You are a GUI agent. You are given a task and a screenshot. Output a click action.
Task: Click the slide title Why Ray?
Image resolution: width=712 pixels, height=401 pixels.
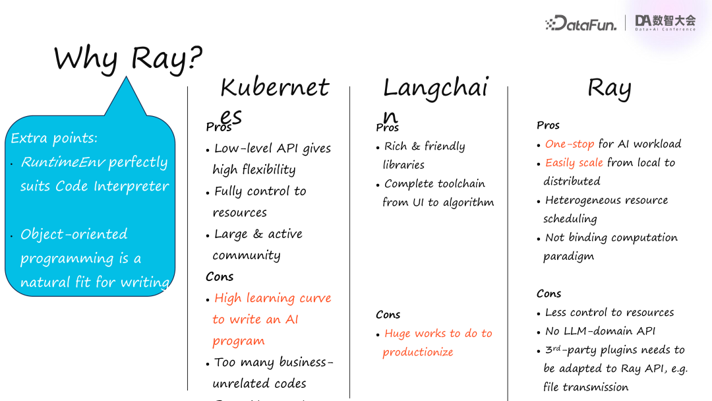point(128,59)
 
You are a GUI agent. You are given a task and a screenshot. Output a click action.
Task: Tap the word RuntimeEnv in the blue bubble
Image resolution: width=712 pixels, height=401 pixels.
point(63,162)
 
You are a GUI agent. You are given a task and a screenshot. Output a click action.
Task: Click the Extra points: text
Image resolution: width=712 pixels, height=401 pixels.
point(54,139)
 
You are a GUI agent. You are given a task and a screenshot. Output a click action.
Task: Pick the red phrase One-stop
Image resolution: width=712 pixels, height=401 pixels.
point(570,144)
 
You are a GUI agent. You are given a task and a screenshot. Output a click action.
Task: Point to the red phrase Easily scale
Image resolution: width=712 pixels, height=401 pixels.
point(574,162)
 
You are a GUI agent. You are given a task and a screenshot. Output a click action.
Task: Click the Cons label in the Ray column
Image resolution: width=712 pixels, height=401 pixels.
point(549,293)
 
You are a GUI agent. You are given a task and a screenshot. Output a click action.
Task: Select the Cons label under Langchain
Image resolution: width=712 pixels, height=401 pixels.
point(388,315)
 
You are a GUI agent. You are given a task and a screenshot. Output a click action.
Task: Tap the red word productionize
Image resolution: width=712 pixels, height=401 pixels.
point(418,352)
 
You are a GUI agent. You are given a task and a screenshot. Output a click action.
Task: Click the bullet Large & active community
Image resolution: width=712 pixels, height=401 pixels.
point(258,234)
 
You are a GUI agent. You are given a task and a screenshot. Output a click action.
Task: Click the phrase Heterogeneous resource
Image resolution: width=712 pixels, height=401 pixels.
point(607,200)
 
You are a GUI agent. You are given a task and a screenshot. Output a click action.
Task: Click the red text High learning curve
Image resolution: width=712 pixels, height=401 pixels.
point(272,298)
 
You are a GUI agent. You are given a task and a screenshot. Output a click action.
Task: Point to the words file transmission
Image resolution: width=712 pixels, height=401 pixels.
point(585,387)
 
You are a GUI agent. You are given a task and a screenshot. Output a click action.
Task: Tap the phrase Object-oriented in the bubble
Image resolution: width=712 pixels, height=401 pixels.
point(74,234)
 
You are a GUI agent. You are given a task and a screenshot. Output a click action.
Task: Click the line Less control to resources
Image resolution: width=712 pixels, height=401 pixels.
point(609,313)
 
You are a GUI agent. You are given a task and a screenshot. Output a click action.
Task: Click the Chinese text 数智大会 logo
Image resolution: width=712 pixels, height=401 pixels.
point(665,21)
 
